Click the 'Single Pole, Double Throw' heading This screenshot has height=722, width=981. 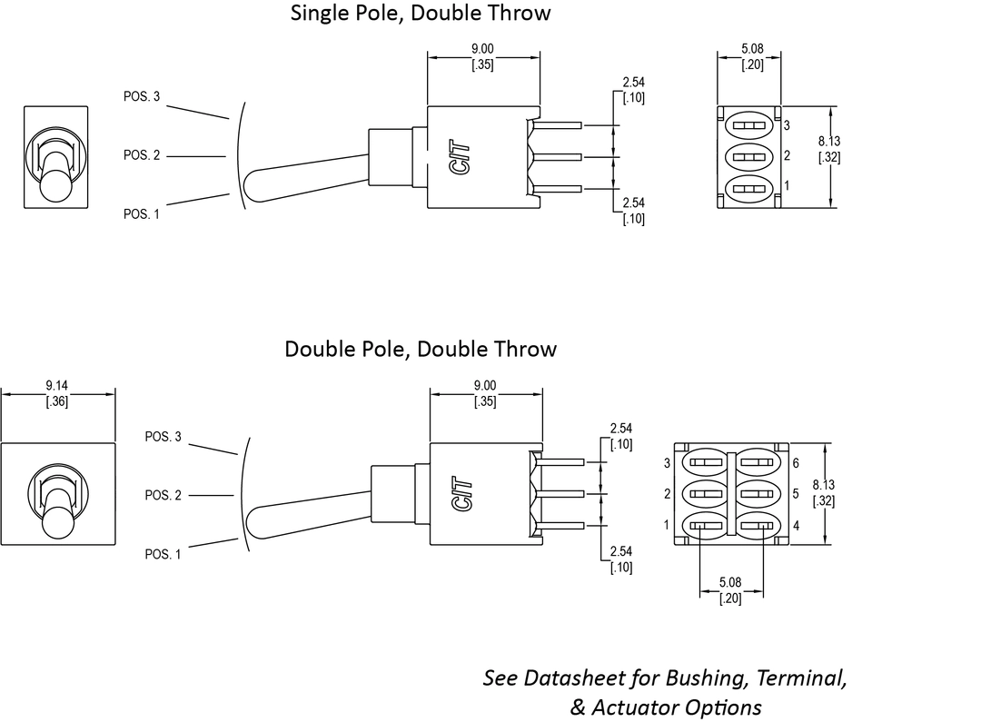click(x=420, y=14)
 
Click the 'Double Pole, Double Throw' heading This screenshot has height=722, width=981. click(x=420, y=350)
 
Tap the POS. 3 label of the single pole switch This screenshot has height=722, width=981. click(x=142, y=96)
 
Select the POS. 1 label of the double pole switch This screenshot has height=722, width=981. click(x=163, y=554)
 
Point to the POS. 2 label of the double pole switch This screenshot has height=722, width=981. click(x=163, y=495)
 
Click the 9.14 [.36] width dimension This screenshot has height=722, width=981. click(x=57, y=393)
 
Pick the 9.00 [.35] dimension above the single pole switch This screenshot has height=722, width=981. click(x=482, y=57)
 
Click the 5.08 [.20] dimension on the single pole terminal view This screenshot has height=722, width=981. click(x=751, y=57)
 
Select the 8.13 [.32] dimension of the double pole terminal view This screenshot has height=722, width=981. click(x=823, y=493)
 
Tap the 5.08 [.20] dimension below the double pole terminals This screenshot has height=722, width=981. click(x=730, y=590)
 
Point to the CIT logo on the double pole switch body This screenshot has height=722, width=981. click(x=461, y=494)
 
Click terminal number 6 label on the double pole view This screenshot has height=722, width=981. click(x=795, y=463)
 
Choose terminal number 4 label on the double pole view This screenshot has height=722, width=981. click(x=795, y=525)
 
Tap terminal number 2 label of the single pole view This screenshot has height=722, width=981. click(x=787, y=156)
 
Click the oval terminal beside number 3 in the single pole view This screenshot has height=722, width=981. click(x=750, y=125)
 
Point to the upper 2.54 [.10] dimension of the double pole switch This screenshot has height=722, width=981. click(x=621, y=436)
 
